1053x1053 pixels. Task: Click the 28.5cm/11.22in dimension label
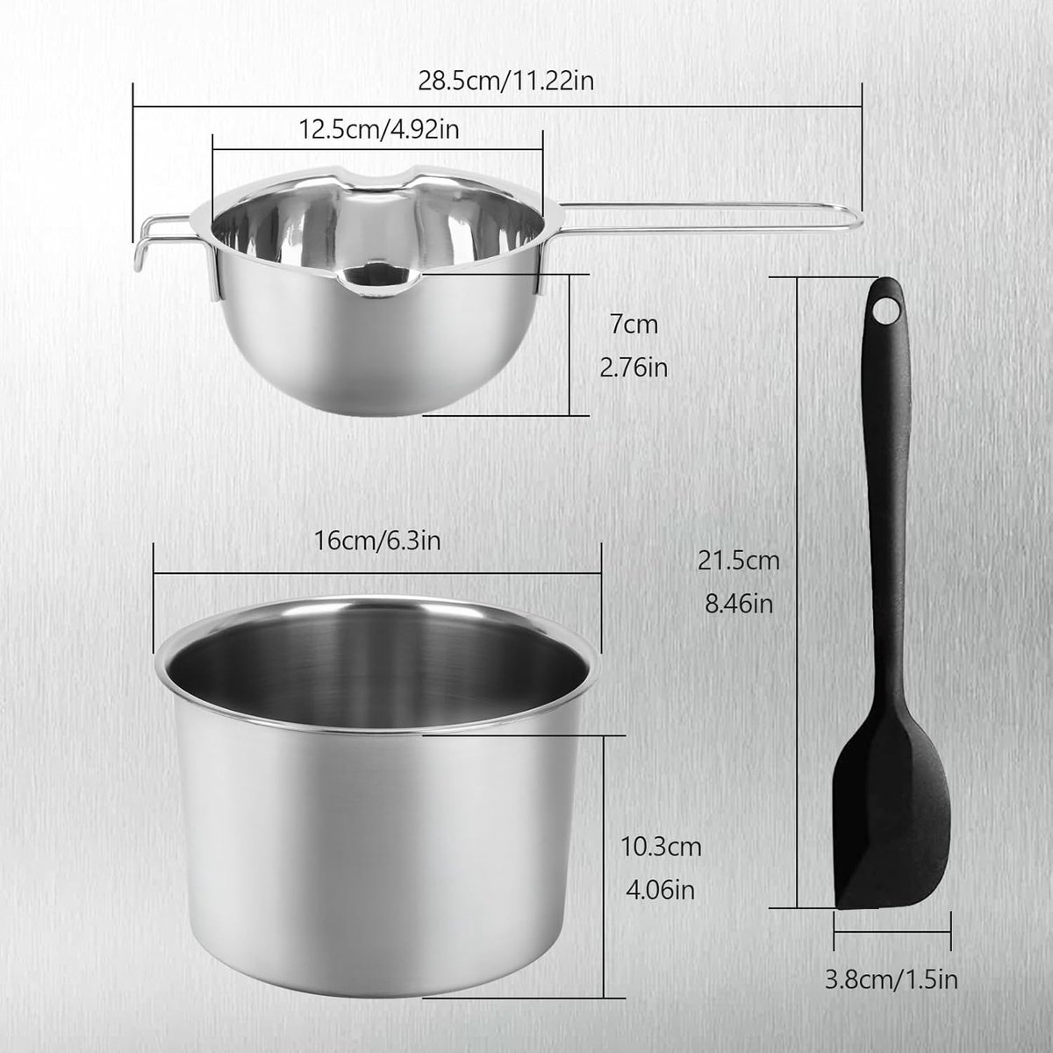(x=506, y=82)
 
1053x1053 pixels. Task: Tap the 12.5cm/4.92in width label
(x=379, y=130)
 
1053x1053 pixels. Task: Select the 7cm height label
(x=634, y=325)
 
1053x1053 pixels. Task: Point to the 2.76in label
(x=634, y=368)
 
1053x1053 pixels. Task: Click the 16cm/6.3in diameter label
(x=377, y=541)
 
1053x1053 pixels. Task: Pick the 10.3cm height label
(x=662, y=847)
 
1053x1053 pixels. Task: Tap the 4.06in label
(x=660, y=890)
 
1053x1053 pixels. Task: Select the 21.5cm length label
(x=739, y=562)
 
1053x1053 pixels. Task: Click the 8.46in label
(x=739, y=605)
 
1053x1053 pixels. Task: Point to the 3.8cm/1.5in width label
(x=892, y=980)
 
